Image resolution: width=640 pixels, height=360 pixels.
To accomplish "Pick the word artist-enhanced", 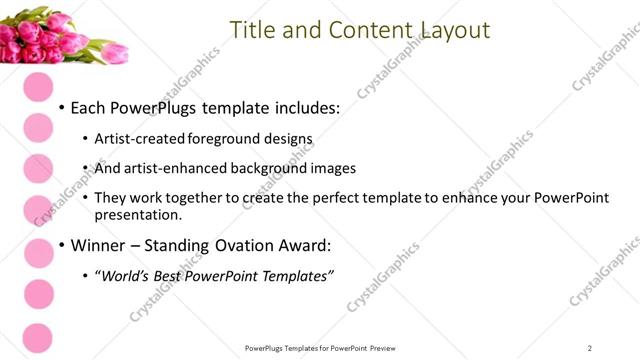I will tap(174, 169).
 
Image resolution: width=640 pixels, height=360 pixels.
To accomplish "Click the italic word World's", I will tap(128, 276).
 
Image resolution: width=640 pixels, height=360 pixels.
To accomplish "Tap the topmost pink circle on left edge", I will tap(37, 86).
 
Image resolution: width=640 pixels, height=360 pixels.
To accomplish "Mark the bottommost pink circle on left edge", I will tap(37, 337).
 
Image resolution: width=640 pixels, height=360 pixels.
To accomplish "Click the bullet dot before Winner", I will tap(62, 245).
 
